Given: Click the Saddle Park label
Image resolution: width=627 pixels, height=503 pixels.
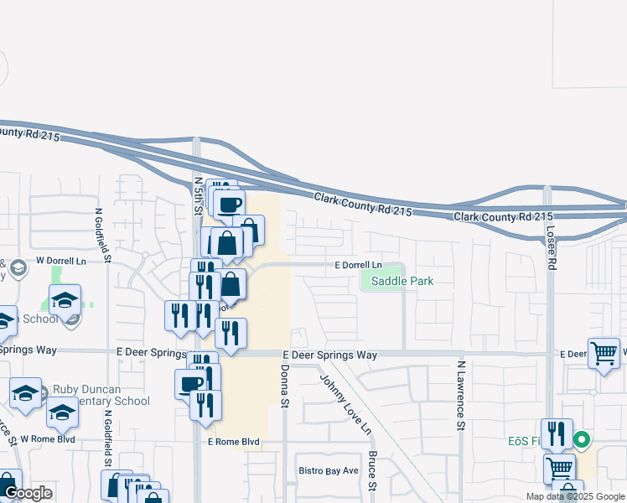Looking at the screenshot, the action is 397,281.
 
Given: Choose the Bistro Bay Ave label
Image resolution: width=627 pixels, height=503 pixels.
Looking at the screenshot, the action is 328,470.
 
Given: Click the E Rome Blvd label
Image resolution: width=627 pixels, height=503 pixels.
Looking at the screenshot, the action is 232,442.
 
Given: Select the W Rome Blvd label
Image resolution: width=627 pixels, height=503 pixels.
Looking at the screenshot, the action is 48,438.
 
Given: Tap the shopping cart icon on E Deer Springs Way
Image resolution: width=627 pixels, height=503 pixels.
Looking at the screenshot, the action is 604,352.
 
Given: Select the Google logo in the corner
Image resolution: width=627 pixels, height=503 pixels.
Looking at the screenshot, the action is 27,493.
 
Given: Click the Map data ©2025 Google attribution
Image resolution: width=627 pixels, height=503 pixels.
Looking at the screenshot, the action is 575,496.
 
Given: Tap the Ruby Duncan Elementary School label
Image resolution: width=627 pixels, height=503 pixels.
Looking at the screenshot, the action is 101,395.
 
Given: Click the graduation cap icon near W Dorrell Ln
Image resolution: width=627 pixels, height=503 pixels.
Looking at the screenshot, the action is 65,299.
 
